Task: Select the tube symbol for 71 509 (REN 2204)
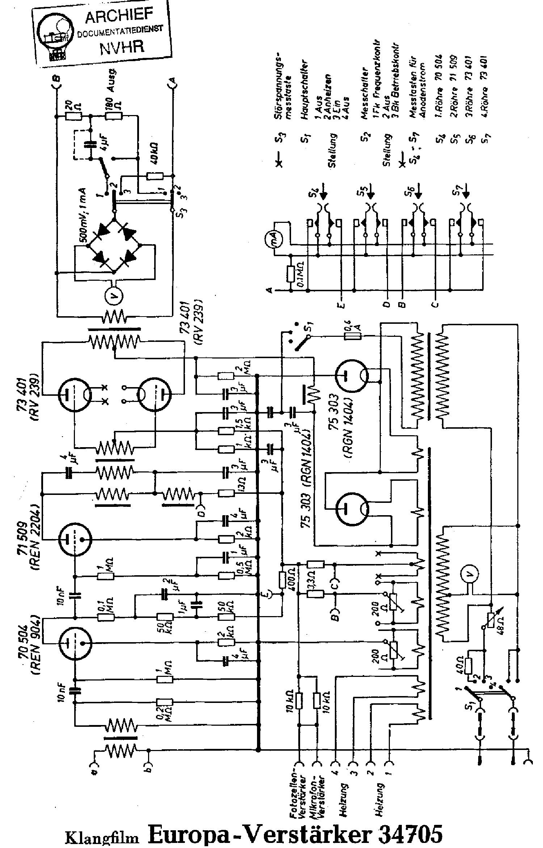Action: pyautogui.click(x=75, y=539)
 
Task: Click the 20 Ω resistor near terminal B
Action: pyautogui.click(x=73, y=116)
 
